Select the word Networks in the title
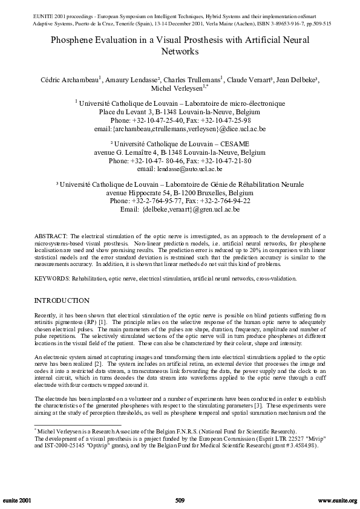(180, 52)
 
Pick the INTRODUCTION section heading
(62, 300)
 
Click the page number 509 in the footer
(180, 501)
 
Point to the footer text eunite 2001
(18, 501)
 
